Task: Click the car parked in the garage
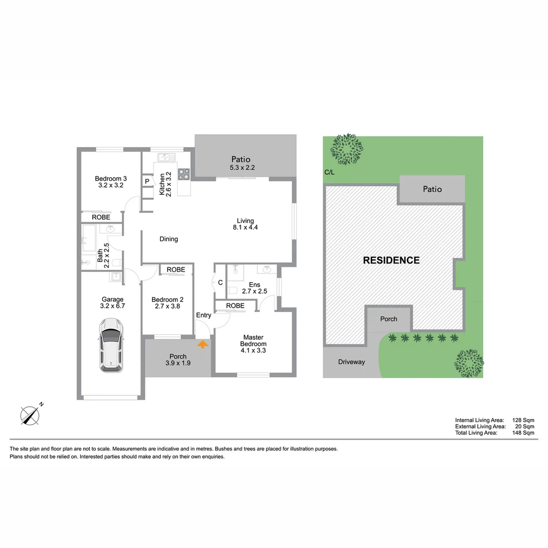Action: coord(111,345)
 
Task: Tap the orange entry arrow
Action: coord(202,345)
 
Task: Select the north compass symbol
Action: coord(30,415)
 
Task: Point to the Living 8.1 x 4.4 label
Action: coord(245,224)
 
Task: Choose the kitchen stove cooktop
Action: coord(183,174)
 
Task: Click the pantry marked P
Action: coord(147,181)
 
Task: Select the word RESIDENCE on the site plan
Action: coord(391,260)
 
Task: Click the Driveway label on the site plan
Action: coord(352,362)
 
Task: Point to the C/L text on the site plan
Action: coord(329,173)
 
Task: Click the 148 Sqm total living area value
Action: coord(523,433)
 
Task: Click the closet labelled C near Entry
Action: coord(220,283)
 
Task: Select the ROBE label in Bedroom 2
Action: coord(176,269)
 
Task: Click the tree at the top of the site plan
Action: coord(348,149)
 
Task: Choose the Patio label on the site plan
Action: coord(432,189)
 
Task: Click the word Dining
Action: coord(168,239)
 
